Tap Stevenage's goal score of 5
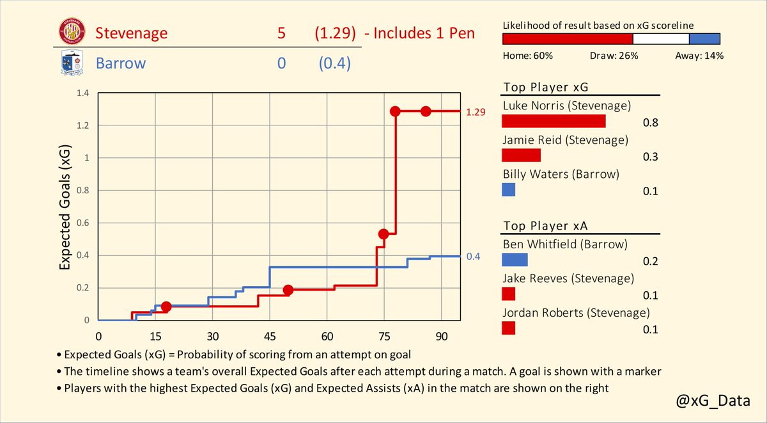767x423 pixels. [282, 33]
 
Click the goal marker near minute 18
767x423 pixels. [166, 307]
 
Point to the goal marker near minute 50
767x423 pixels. [288, 290]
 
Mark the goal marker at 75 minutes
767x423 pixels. [383, 234]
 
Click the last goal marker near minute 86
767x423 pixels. [426, 111]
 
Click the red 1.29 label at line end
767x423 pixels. [476, 112]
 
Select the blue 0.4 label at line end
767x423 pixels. [473, 257]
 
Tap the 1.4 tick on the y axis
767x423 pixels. [81, 93]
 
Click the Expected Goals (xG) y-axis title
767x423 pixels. [65, 207]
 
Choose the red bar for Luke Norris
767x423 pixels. [554, 122]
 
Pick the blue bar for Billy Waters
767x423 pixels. [509, 190]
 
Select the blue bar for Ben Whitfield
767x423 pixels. [515, 260]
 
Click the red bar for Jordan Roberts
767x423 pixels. [509, 328]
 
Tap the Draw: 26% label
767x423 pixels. [614, 56]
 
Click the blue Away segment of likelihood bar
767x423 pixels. [705, 38]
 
